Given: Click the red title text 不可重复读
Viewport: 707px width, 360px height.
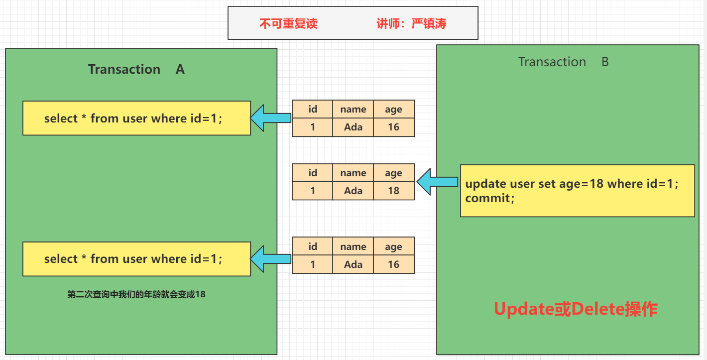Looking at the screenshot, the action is [x=288, y=24].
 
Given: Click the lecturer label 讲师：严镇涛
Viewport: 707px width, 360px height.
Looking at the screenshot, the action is [x=411, y=24].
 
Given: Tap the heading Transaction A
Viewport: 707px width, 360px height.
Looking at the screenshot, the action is [x=136, y=69].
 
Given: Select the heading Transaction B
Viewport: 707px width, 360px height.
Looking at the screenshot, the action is [x=564, y=62].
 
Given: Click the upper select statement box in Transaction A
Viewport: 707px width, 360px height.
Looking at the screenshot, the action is [x=136, y=119].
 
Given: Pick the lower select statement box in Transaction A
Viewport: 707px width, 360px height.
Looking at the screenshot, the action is [x=136, y=259].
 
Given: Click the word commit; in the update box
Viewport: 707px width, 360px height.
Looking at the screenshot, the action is [x=490, y=199].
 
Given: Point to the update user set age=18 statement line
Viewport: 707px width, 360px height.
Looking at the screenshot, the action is [x=572, y=184].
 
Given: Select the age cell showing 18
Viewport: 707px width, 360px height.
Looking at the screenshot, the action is [x=394, y=191].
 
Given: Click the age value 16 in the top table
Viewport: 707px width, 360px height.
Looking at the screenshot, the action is [x=394, y=127].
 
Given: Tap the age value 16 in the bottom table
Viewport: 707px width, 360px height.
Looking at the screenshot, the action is [x=394, y=264].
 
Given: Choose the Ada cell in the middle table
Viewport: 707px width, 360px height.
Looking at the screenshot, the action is [x=353, y=191].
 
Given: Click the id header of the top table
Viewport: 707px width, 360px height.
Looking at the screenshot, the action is [x=313, y=109].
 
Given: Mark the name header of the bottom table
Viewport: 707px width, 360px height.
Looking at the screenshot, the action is [x=353, y=246].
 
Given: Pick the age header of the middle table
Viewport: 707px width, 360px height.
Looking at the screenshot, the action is [x=394, y=173].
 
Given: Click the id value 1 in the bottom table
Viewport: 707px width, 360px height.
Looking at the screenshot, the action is [x=313, y=264].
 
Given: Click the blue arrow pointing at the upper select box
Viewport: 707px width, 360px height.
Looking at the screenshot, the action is [x=270, y=118].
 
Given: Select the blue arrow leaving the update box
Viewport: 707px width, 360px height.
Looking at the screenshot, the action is [x=438, y=182].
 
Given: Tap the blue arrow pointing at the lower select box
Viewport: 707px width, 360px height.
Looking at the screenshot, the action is [x=270, y=259].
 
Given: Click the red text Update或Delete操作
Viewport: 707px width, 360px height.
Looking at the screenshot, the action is [x=576, y=309].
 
